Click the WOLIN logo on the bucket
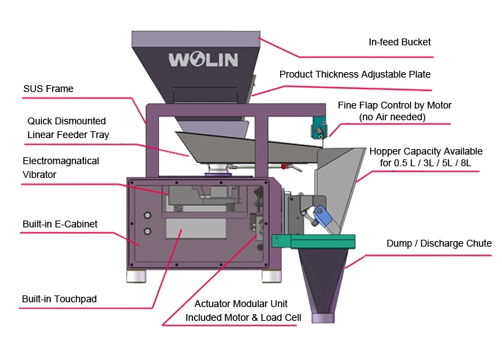point(203,59)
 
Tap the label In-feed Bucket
point(400,43)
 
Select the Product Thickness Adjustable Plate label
point(354,74)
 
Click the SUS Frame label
point(48,89)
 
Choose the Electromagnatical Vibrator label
point(60,168)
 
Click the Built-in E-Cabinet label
point(60,224)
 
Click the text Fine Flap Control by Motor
point(394,105)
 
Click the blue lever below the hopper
point(323,218)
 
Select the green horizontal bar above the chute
point(313,240)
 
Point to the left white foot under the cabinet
point(135,275)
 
